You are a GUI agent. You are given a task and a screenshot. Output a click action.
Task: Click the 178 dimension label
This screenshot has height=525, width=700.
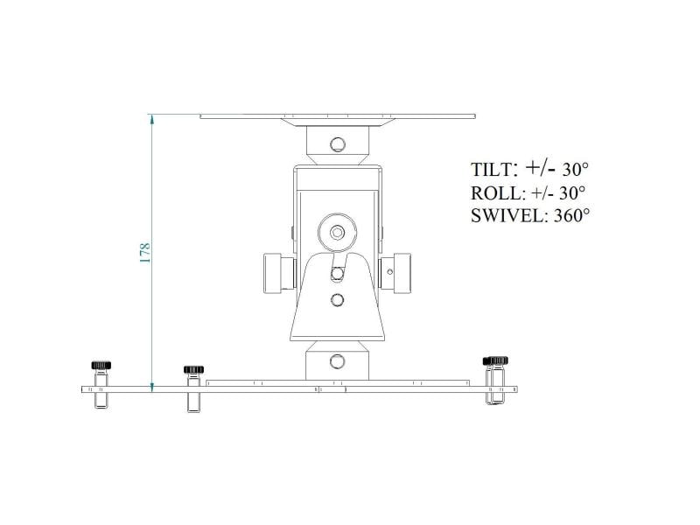tap(145, 253)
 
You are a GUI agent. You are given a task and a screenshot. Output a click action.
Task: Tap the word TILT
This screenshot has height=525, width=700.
tap(491, 170)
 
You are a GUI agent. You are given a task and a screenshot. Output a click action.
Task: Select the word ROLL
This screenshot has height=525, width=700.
tap(495, 193)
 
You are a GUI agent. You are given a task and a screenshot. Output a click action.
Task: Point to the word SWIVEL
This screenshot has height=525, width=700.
tap(507, 216)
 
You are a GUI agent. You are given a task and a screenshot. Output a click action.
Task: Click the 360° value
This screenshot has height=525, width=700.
tap(572, 215)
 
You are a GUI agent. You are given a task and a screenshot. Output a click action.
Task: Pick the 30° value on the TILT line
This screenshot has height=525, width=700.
tap(575, 170)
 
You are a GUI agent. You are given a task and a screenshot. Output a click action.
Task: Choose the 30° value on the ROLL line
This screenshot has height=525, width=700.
tap(572, 192)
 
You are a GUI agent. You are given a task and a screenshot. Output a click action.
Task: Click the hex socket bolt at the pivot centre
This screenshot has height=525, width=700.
tap(337, 232)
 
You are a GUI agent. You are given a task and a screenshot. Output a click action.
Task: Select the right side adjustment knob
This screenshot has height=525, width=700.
tap(396, 273)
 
